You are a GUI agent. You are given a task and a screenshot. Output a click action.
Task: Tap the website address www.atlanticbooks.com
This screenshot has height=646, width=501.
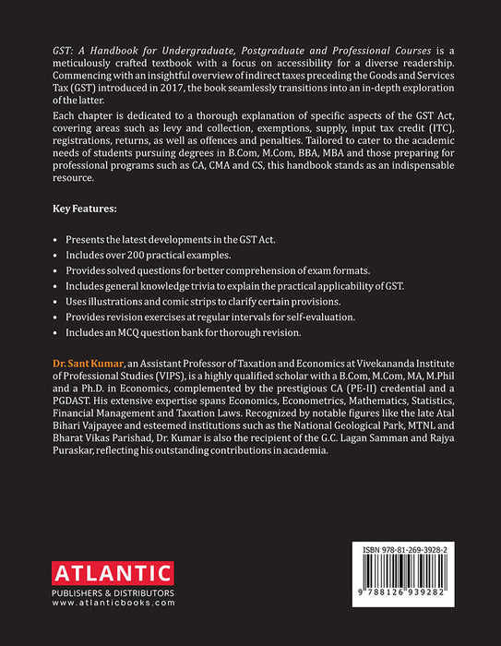click(113, 603)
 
